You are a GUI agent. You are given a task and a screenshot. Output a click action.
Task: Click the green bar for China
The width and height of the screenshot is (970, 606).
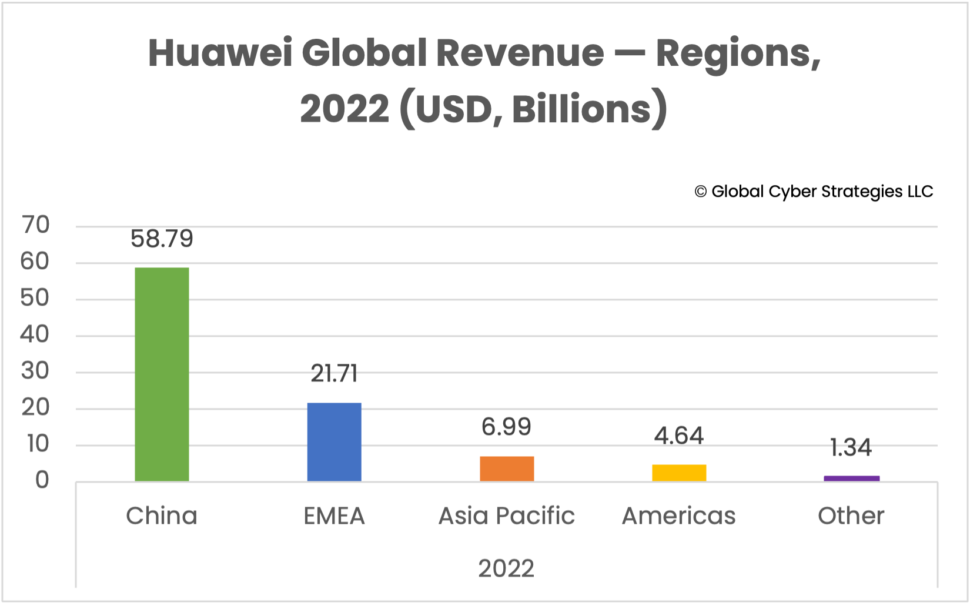tap(162, 374)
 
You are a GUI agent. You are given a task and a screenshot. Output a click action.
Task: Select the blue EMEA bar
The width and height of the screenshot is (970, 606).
tap(334, 442)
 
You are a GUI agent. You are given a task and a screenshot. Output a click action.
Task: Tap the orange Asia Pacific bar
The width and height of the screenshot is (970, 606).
tap(507, 468)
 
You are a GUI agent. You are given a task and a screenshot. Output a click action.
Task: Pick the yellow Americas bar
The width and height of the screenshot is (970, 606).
tap(679, 473)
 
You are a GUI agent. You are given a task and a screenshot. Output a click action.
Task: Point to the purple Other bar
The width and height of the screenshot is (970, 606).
tap(851, 478)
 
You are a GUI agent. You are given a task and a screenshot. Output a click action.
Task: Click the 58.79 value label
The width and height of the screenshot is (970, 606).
tap(162, 239)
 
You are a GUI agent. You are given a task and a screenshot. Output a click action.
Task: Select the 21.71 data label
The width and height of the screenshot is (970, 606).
tap(334, 374)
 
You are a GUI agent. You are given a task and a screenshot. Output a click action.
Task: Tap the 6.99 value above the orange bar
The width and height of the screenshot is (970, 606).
tap(506, 427)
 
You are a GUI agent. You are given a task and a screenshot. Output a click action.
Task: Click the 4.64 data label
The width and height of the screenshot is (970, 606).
tap(679, 436)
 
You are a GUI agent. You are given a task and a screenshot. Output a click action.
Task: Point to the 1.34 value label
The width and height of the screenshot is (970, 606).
tap(851, 448)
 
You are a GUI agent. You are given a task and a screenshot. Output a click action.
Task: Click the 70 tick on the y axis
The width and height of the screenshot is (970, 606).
tap(35, 225)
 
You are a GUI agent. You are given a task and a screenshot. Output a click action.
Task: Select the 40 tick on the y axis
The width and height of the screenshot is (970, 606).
tap(35, 334)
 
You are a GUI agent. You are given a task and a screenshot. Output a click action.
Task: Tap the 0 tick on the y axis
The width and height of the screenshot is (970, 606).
tap(42, 480)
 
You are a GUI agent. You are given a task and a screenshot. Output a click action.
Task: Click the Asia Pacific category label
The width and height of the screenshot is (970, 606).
tap(506, 515)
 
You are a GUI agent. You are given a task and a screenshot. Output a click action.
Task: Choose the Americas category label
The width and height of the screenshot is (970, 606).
tap(678, 515)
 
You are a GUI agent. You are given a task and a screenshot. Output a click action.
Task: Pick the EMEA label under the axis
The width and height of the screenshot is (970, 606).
tap(334, 515)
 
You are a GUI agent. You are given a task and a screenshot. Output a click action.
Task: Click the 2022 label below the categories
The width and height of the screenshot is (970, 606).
tap(506, 568)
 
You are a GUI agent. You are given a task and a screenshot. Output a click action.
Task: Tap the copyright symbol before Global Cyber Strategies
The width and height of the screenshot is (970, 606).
tap(700, 192)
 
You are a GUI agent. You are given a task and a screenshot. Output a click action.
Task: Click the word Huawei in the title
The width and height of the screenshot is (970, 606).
tap(220, 53)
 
